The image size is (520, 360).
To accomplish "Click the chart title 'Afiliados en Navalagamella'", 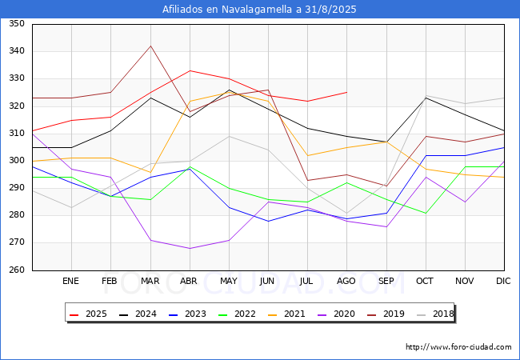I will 259,10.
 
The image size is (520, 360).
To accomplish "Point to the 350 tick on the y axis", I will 17,24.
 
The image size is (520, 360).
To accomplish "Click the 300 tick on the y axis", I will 17,161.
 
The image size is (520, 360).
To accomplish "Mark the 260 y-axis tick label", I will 17,270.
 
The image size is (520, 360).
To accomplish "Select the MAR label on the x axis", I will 150,281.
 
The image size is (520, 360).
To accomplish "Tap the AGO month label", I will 346,281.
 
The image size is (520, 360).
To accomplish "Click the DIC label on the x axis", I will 503,281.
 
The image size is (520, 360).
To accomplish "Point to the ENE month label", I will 71,281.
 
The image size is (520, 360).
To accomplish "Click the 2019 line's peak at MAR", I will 150,46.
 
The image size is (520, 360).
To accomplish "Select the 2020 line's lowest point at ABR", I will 190,248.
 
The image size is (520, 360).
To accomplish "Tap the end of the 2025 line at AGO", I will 346,92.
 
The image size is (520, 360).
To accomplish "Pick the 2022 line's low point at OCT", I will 425,213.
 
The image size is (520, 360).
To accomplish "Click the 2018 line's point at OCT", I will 425,95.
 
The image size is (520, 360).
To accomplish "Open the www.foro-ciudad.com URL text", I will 458,347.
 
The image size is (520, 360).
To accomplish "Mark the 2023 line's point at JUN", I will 268,221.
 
